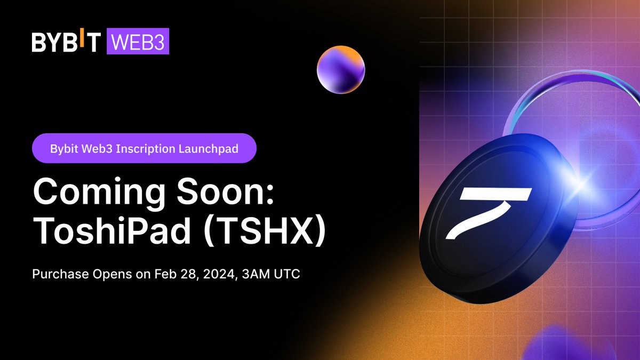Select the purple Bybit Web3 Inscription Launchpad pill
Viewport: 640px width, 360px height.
(x=144, y=148)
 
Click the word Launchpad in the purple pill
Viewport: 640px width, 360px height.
(x=213, y=148)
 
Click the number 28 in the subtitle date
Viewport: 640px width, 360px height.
(x=179, y=276)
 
